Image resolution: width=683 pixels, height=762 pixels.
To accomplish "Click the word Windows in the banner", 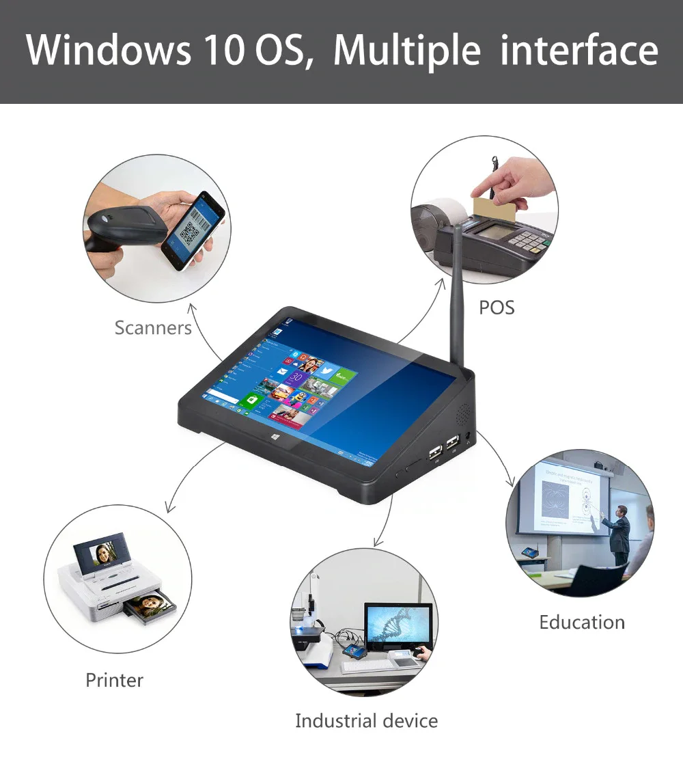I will (107, 49).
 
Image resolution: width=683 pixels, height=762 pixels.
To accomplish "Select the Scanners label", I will (153, 328).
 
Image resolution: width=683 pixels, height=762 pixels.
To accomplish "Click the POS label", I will (497, 308).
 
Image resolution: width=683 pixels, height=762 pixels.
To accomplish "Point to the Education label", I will (582, 623).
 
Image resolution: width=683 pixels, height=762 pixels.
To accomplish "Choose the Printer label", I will (115, 681).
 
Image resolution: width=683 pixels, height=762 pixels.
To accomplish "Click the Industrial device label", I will (366, 721).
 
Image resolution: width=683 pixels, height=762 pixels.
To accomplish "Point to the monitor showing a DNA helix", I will (398, 627).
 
